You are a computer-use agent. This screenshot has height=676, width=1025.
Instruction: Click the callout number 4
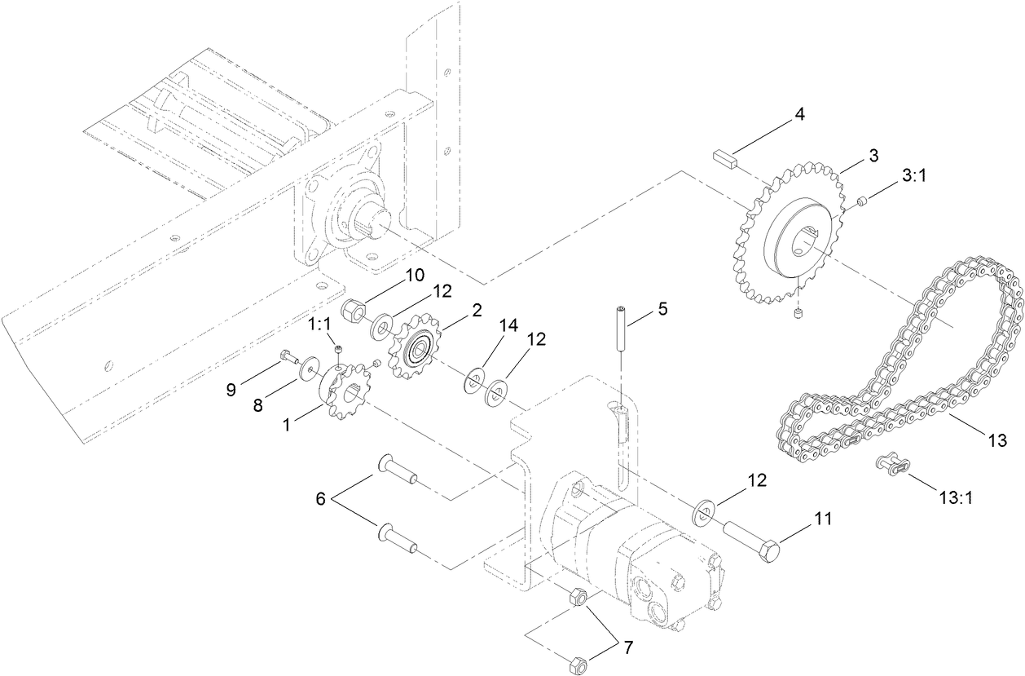coord(799,114)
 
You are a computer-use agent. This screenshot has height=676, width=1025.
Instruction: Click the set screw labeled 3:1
coord(863,201)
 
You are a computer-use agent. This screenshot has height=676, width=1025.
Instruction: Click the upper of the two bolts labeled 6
coord(398,471)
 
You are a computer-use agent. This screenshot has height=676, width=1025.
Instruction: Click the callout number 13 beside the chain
coord(997,440)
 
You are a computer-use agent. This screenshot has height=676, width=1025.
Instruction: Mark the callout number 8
coord(257,404)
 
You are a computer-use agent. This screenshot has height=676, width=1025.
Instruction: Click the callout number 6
coord(321,498)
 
